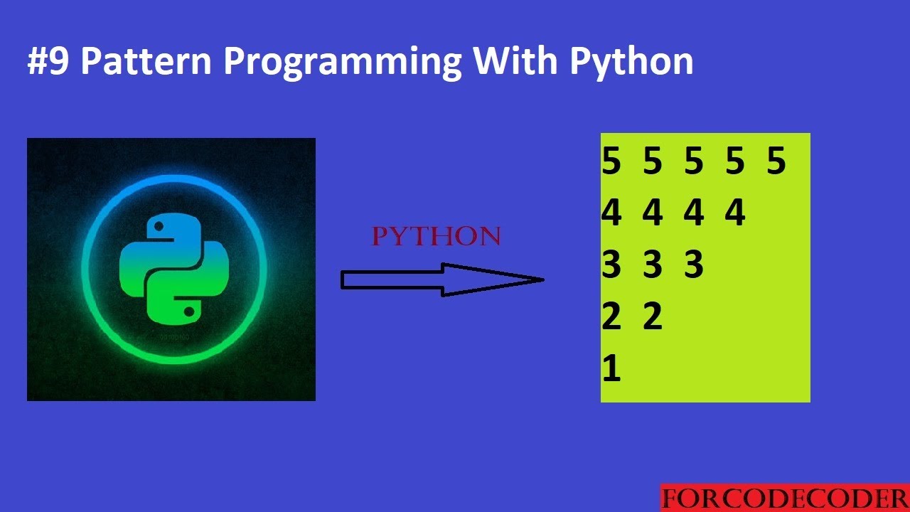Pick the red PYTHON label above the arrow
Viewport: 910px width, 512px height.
coord(437,237)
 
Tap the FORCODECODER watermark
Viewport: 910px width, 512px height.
coord(784,498)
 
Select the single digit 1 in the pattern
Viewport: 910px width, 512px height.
coord(611,369)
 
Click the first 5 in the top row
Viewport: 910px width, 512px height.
coord(611,161)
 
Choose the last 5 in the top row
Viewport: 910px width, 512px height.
coord(776,161)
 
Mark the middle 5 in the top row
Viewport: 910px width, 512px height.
coord(694,161)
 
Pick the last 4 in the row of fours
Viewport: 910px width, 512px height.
coord(735,213)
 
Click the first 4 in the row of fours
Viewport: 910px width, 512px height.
coord(611,213)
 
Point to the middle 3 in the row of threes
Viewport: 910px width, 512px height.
coord(653,265)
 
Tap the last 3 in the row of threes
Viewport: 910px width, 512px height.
coord(694,265)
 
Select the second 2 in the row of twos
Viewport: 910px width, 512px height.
coord(653,317)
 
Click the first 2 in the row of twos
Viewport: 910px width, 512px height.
coord(611,317)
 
